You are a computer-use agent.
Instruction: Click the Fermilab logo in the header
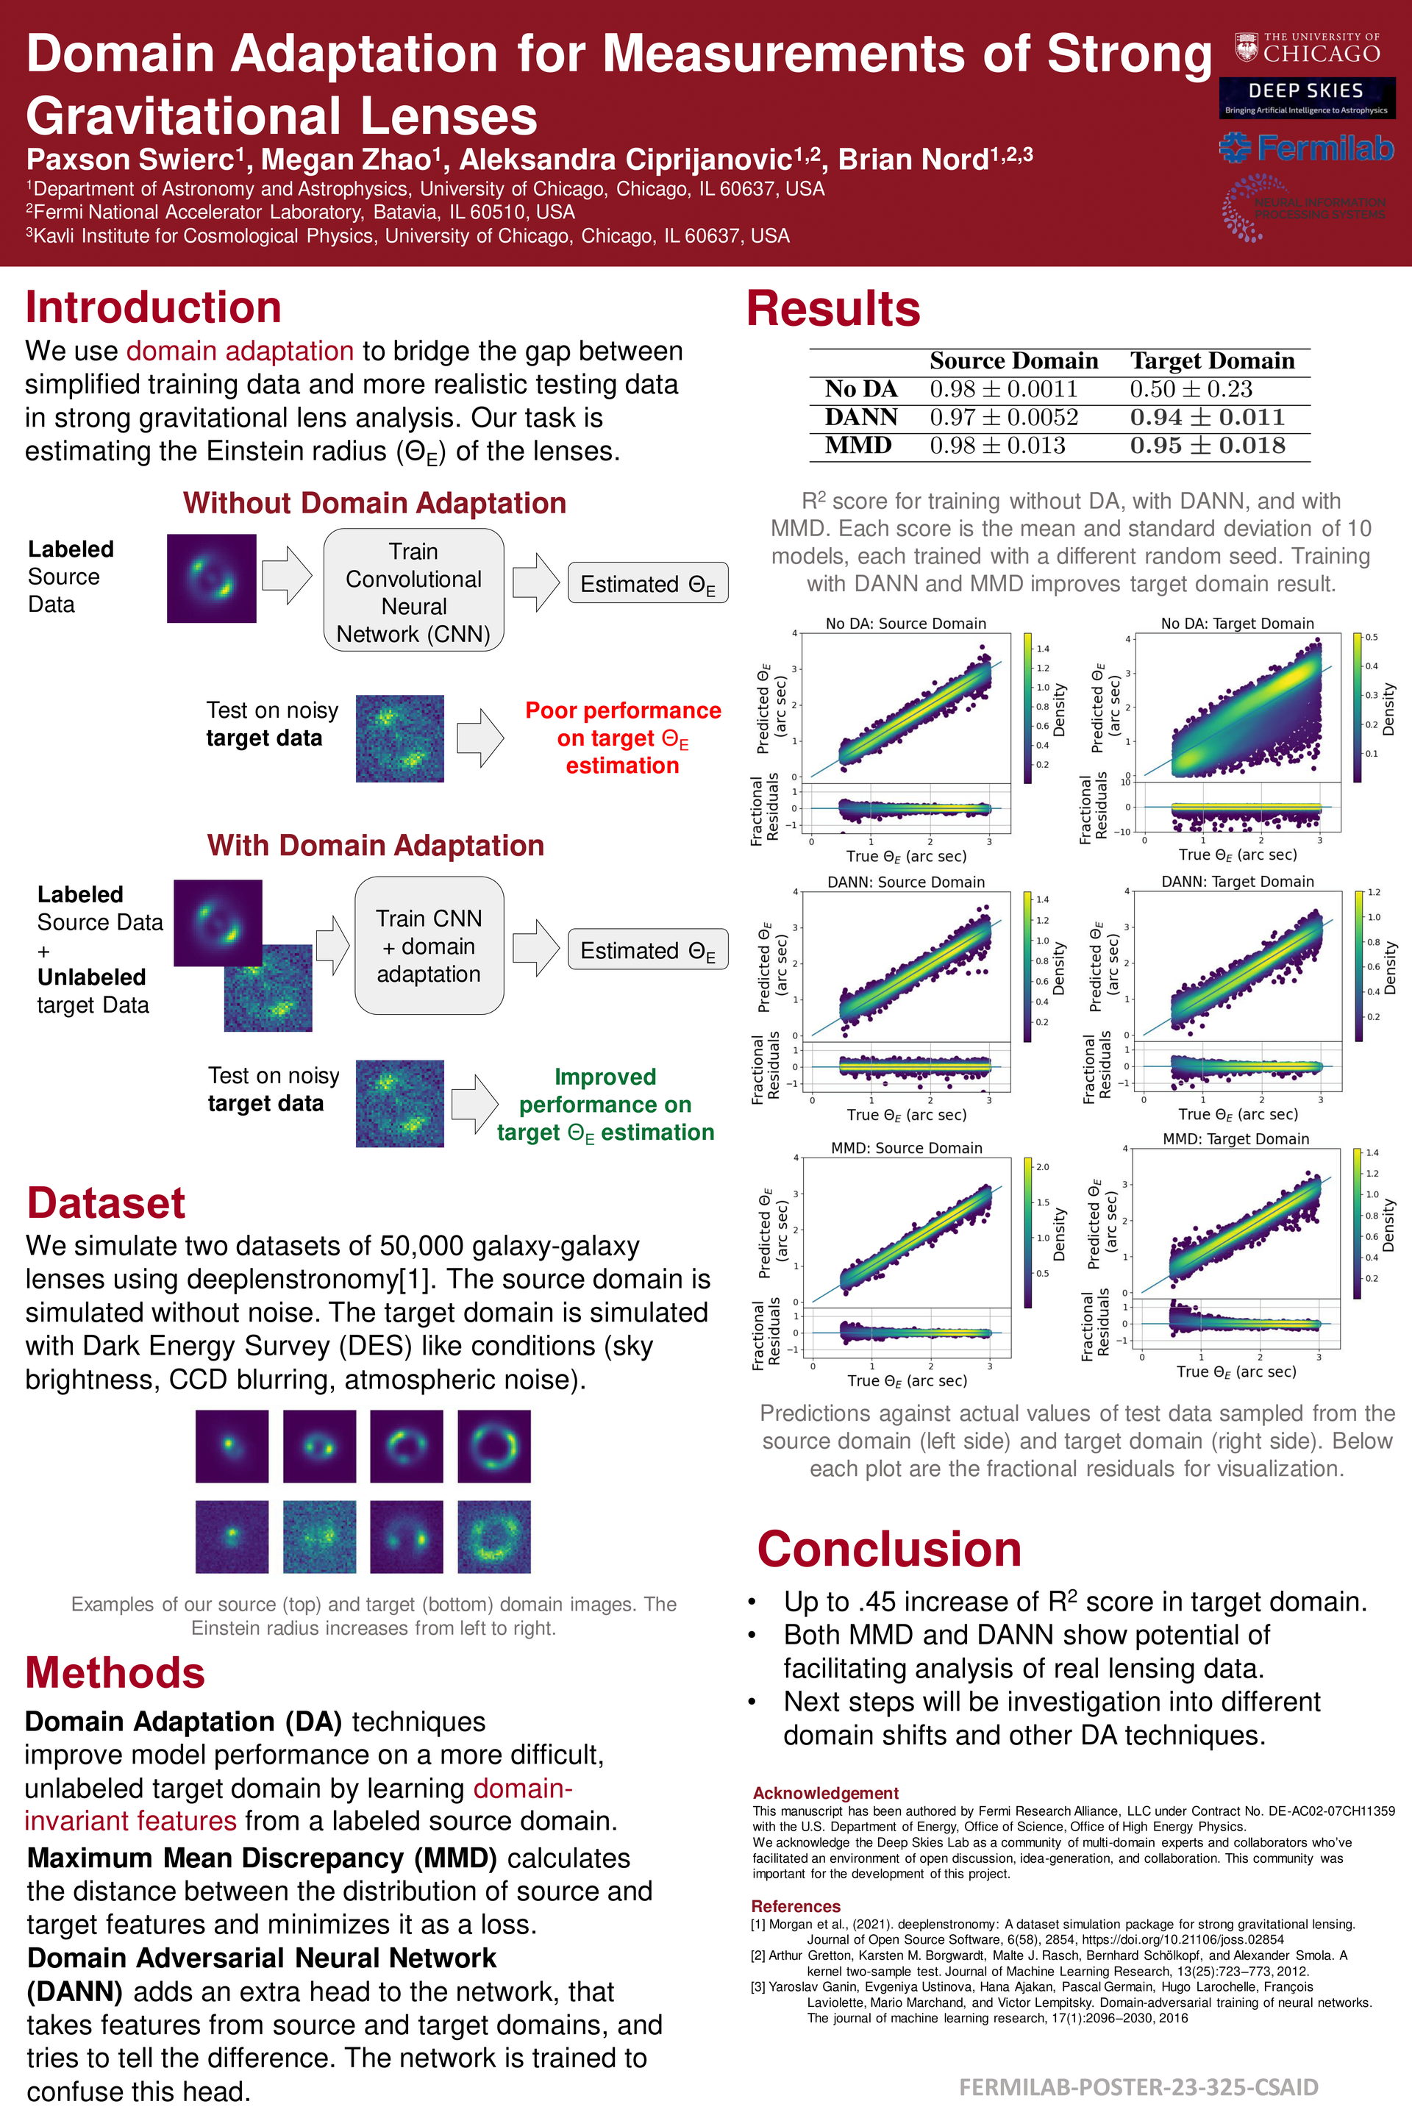[x=1306, y=148]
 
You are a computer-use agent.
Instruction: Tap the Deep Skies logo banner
[x=1306, y=97]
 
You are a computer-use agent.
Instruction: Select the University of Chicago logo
[x=1307, y=49]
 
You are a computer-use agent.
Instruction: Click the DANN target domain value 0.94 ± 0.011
[x=1207, y=418]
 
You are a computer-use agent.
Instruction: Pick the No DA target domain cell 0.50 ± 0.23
[x=1191, y=389]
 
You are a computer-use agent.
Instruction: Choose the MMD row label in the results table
[x=858, y=446]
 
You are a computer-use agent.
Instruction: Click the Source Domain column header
[x=1013, y=361]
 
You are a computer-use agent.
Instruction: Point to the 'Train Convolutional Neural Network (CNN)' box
[x=413, y=591]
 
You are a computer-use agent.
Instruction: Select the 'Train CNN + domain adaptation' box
[x=429, y=946]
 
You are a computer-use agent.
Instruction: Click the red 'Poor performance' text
[x=622, y=738]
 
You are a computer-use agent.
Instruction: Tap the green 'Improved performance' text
[x=605, y=1104]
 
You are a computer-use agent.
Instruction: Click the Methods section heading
[x=115, y=1673]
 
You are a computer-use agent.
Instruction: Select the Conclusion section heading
[x=889, y=1549]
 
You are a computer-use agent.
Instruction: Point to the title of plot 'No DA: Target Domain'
[x=1236, y=623]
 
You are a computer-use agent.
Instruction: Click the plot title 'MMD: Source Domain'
[x=906, y=1147]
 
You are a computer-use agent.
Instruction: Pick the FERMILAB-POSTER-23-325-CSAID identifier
[x=1138, y=2086]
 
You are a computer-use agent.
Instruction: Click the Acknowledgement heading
[x=825, y=1793]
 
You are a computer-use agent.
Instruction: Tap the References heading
[x=795, y=1906]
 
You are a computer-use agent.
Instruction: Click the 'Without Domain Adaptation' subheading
[x=374, y=502]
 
